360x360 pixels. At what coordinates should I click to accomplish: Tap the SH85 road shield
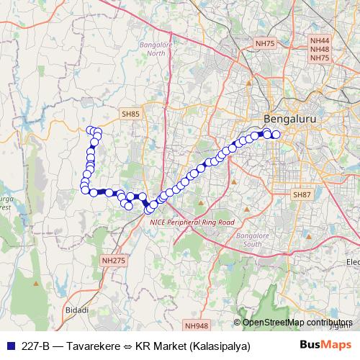click(x=131, y=114)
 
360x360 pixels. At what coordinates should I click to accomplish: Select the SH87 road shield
click(x=302, y=195)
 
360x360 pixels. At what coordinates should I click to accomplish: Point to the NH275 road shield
click(x=113, y=260)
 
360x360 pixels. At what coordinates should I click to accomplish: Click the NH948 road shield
click(x=195, y=325)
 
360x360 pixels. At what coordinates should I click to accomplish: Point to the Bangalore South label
click(x=253, y=240)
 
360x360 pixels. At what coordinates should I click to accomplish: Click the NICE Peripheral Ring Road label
click(x=192, y=223)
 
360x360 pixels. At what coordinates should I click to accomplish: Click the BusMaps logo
click(x=325, y=346)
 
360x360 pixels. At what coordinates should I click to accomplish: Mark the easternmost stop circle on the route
click(x=276, y=135)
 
